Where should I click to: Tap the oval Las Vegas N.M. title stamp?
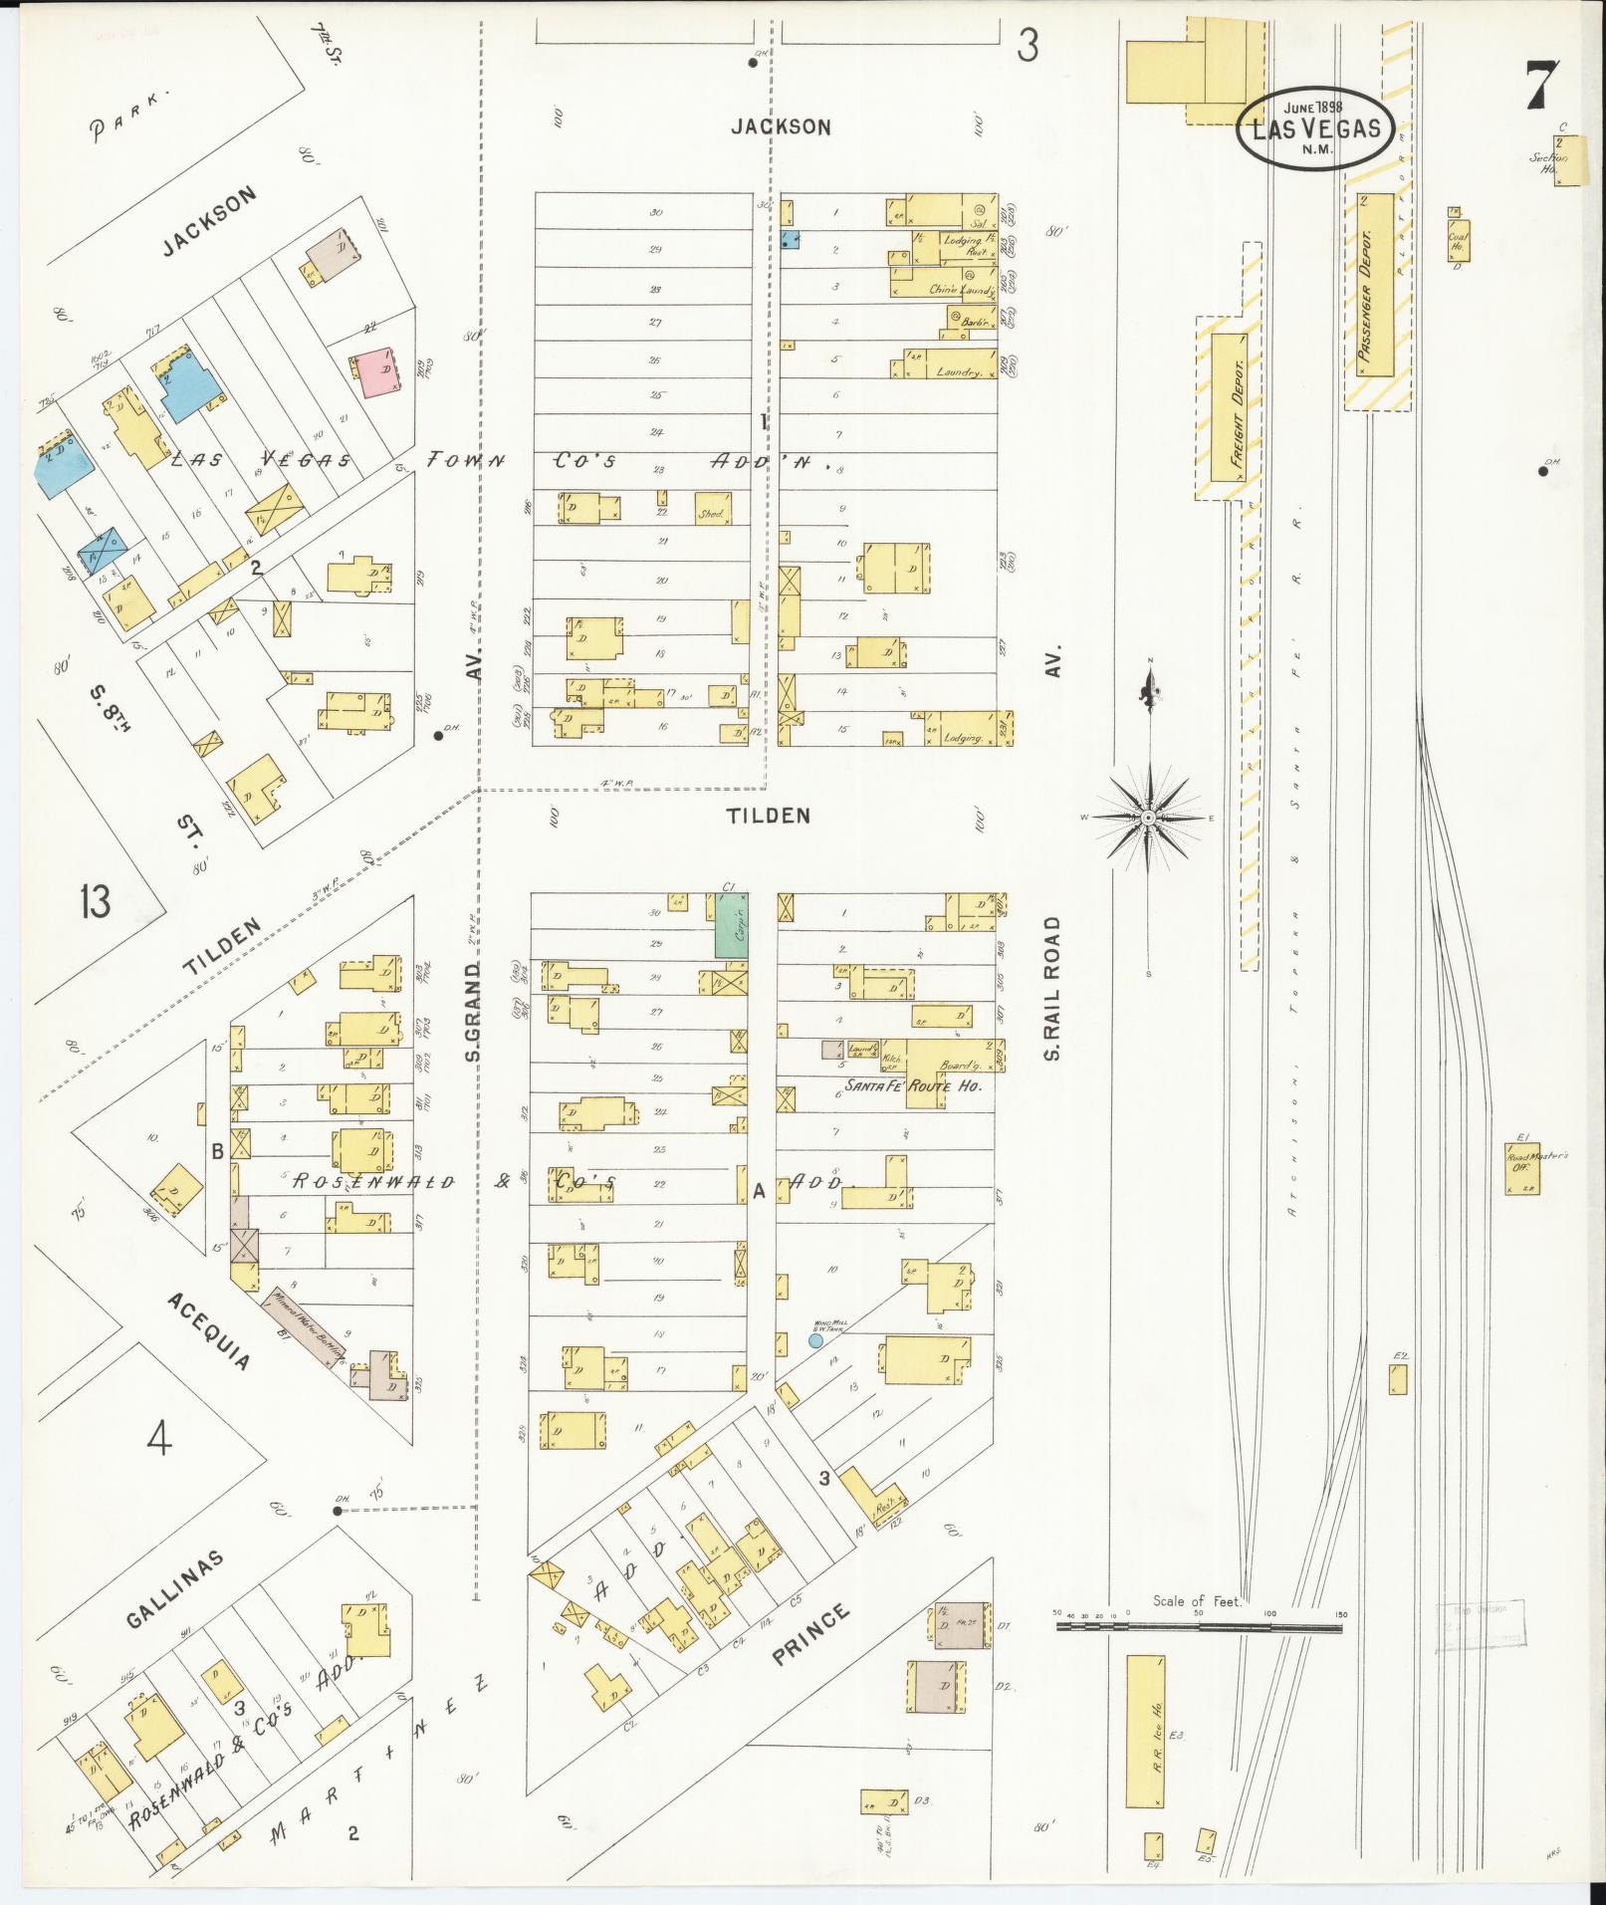pyautogui.click(x=1314, y=128)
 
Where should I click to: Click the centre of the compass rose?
pyautogui.click(x=1148, y=817)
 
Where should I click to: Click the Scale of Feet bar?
pyautogui.click(x=1199, y=1627)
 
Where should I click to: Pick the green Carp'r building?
pyautogui.click(x=732, y=925)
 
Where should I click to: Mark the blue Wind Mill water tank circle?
pyautogui.click(x=815, y=1340)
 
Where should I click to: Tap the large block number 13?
pyautogui.click(x=97, y=903)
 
